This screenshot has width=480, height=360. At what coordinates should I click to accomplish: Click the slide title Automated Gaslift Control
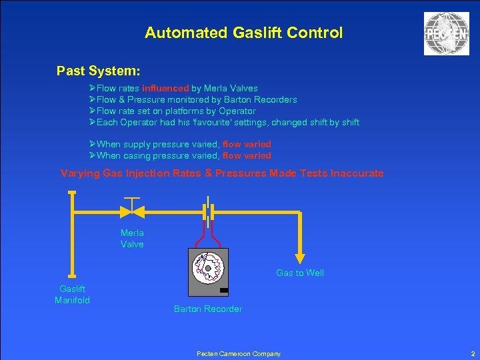[x=243, y=33]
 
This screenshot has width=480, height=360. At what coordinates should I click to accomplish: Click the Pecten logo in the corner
[x=446, y=34]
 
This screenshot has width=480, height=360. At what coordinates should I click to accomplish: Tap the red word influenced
[x=170, y=88]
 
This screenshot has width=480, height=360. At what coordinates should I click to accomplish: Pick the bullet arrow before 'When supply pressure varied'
[x=93, y=144]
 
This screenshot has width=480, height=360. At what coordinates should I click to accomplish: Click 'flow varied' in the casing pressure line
[x=247, y=155]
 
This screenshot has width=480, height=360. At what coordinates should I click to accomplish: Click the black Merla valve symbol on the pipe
[x=132, y=211]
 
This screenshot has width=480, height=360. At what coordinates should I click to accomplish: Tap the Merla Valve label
[x=132, y=238]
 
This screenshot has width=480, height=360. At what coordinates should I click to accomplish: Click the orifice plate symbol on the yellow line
[x=209, y=211]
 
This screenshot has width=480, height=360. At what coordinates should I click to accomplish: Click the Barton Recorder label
[x=208, y=309]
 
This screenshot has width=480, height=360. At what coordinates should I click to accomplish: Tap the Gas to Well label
[x=300, y=273]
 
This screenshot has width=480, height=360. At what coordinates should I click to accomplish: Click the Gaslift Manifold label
[x=72, y=294]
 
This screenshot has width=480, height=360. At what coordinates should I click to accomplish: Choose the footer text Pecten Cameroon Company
[x=239, y=353]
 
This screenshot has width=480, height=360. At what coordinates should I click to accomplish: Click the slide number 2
[x=473, y=353]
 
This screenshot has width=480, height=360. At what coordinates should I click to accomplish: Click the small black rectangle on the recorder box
[x=223, y=290]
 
